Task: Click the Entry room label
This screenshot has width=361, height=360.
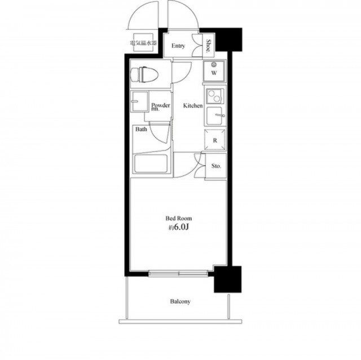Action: pos(178,46)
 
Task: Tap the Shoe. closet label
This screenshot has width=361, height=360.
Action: pos(209,46)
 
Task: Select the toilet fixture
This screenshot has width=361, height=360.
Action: pos(144,74)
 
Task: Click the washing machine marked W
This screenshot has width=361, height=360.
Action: pos(214,71)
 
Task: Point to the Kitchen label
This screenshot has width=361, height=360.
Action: pos(193,105)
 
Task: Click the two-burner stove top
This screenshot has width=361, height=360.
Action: pos(214,96)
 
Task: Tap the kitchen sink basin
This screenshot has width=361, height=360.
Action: pos(214,116)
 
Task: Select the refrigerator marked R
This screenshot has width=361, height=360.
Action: pos(215,140)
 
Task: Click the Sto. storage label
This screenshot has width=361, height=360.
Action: pos(216,166)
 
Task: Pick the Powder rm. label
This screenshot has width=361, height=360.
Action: pos(160,107)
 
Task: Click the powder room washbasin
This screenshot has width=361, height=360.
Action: pos(139,101)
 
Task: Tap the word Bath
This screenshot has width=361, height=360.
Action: pos(141,129)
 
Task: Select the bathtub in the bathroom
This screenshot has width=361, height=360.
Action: pos(151,163)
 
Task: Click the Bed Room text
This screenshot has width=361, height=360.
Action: pos(179,219)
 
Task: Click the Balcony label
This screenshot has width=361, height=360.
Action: pos(180,301)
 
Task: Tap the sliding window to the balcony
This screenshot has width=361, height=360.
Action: pos(178,273)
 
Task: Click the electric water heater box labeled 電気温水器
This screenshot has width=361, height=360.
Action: pos(143,43)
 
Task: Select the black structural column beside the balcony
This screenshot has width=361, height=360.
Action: pos(228,279)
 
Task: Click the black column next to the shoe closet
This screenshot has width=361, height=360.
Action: pos(228,39)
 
